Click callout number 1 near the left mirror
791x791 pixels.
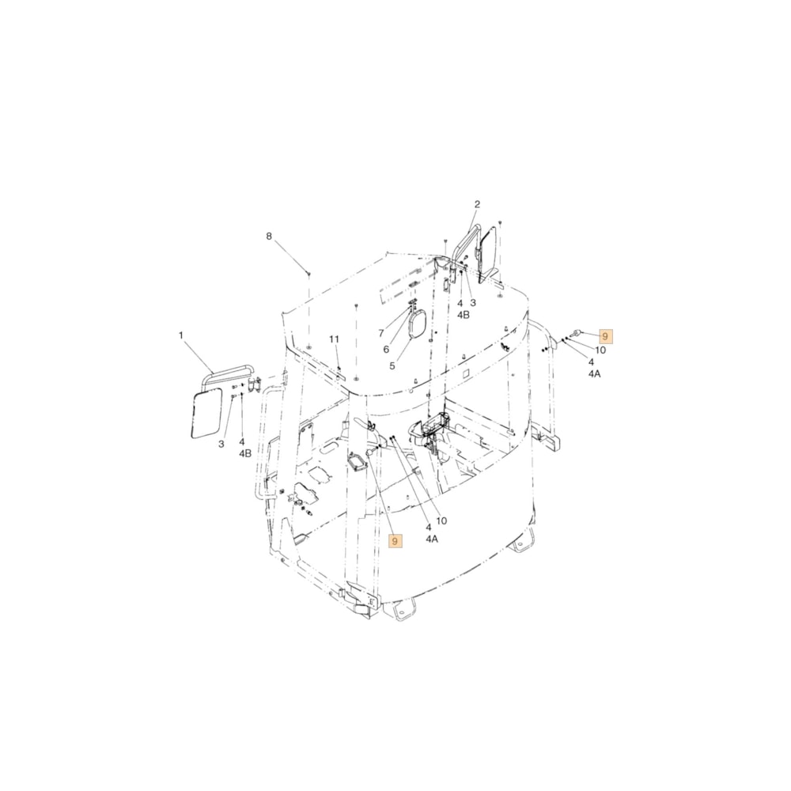pos(180,335)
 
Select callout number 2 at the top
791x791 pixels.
pos(477,204)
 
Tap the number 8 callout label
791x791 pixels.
pos(268,237)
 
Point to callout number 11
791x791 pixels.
pos(334,339)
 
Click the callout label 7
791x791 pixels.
pos(380,333)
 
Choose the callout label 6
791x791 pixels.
pos(386,350)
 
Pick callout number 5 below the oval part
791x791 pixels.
pos(391,366)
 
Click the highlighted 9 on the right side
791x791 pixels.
pos(606,335)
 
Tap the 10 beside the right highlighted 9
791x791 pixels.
pos(600,350)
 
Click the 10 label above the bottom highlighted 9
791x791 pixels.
pos(441,520)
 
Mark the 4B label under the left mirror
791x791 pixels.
pos(244,453)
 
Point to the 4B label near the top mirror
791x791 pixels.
pos(464,314)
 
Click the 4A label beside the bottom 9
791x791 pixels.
pos(431,539)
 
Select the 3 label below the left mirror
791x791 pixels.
pos(221,444)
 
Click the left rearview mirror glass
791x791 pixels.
pos(208,414)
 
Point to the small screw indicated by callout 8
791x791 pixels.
pos(308,273)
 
